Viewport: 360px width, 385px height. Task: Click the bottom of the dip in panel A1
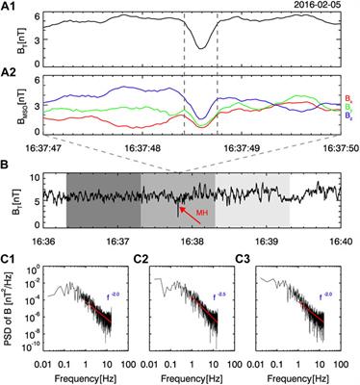click(x=200, y=45)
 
